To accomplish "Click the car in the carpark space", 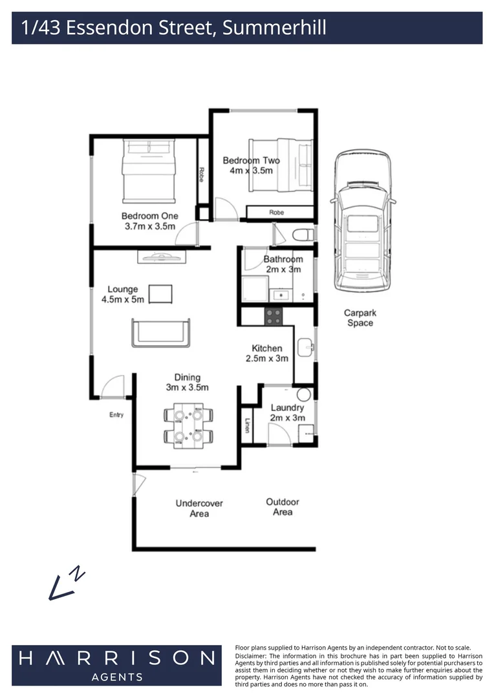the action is (x=363, y=221).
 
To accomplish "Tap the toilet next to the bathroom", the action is (x=303, y=234).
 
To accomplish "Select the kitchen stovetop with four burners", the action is (x=273, y=317).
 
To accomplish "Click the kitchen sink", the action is (x=306, y=347).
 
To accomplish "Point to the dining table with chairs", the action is (x=188, y=425).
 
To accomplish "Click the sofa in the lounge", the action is (x=161, y=333).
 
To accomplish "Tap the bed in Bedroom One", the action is (x=148, y=171).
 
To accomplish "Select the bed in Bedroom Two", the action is (x=281, y=165).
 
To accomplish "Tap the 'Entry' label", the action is (x=116, y=415).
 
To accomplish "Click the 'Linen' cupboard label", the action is (x=247, y=425).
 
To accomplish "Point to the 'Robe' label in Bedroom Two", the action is (x=277, y=213).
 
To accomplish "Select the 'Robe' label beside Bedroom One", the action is (x=202, y=174).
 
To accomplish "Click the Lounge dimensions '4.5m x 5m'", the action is (x=123, y=300).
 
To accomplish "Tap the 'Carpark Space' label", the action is (x=360, y=318).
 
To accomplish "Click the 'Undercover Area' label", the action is (x=199, y=509).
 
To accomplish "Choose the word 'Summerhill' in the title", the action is (x=274, y=28).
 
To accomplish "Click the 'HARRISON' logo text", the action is (x=117, y=658).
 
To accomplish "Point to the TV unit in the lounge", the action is (x=161, y=257).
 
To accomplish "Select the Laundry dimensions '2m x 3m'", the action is (x=287, y=418).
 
